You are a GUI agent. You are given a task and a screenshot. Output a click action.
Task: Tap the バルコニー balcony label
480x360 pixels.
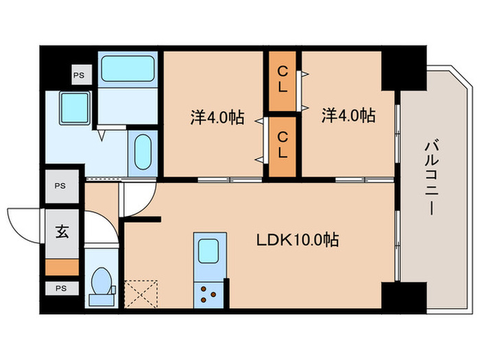431,177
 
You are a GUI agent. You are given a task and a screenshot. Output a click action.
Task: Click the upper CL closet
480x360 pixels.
283,81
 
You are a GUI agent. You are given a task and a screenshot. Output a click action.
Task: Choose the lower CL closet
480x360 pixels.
283,147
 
